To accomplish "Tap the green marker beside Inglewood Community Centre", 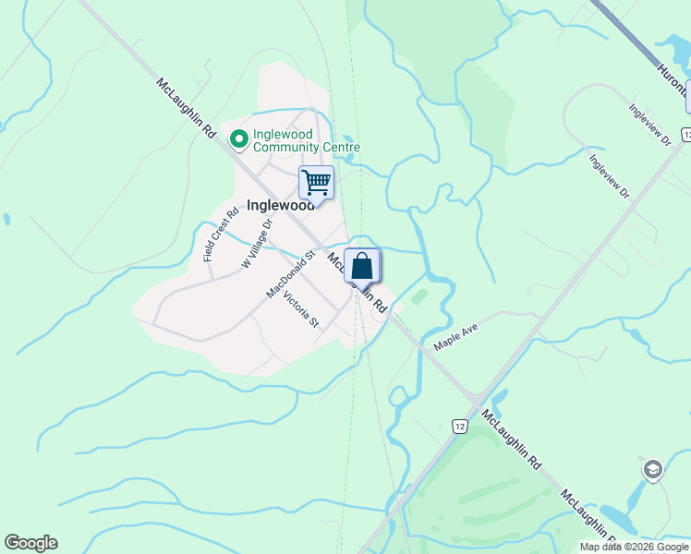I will (238, 139).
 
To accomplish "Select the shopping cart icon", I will (316, 182).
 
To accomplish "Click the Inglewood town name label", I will (280, 205).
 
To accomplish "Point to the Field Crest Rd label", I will (221, 235).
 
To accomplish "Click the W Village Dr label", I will (258, 243).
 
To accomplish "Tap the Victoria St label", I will (301, 309).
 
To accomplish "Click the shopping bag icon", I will (362, 266).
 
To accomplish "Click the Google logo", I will (30, 543).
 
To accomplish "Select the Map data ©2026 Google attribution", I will (634, 547).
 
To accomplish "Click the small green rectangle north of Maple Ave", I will (419, 297).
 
